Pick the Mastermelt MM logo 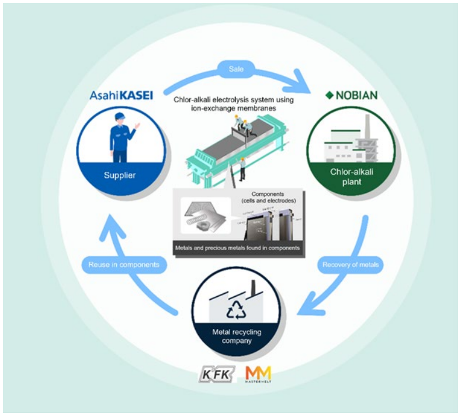point(258,374)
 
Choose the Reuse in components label point(124,265)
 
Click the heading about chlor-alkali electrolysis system point(234,103)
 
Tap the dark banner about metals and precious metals point(237,248)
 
